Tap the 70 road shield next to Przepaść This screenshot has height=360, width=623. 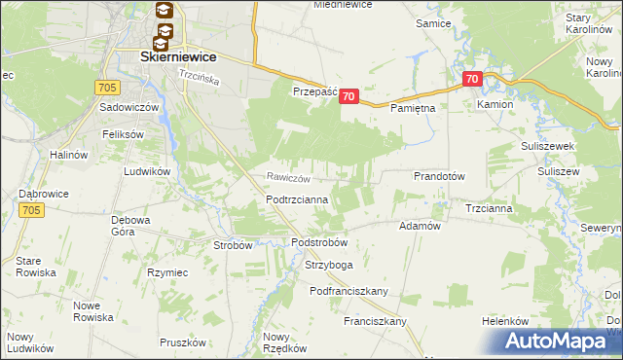350,96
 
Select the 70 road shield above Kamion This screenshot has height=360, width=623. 472,79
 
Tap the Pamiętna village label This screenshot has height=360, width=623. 413,109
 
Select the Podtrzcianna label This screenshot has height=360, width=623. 297,199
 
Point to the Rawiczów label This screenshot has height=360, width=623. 289,178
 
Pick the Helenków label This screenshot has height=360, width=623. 505,321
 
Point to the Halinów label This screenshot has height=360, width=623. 70,155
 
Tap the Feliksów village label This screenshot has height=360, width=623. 124,133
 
